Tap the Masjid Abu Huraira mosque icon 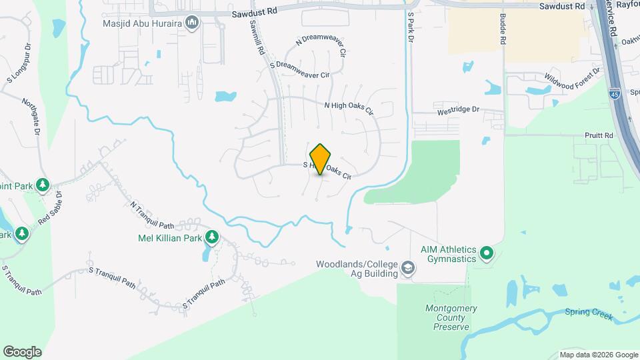click(x=193, y=23)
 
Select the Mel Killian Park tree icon click(x=212, y=237)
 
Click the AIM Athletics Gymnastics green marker click(x=486, y=253)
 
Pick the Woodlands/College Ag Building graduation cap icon click(x=407, y=269)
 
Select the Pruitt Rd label click(x=599, y=135)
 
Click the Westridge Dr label click(x=457, y=108)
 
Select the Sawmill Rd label click(x=257, y=36)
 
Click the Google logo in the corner click(x=22, y=352)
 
